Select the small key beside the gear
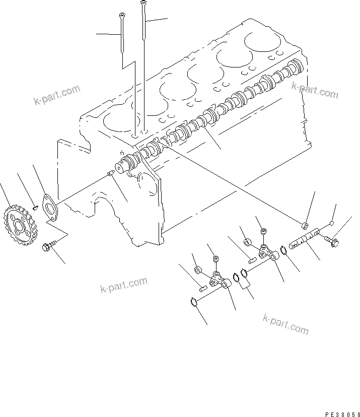[x=34, y=205]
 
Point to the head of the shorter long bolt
[x=121, y=17]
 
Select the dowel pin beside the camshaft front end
[x=110, y=174]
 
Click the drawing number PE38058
[x=341, y=414]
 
